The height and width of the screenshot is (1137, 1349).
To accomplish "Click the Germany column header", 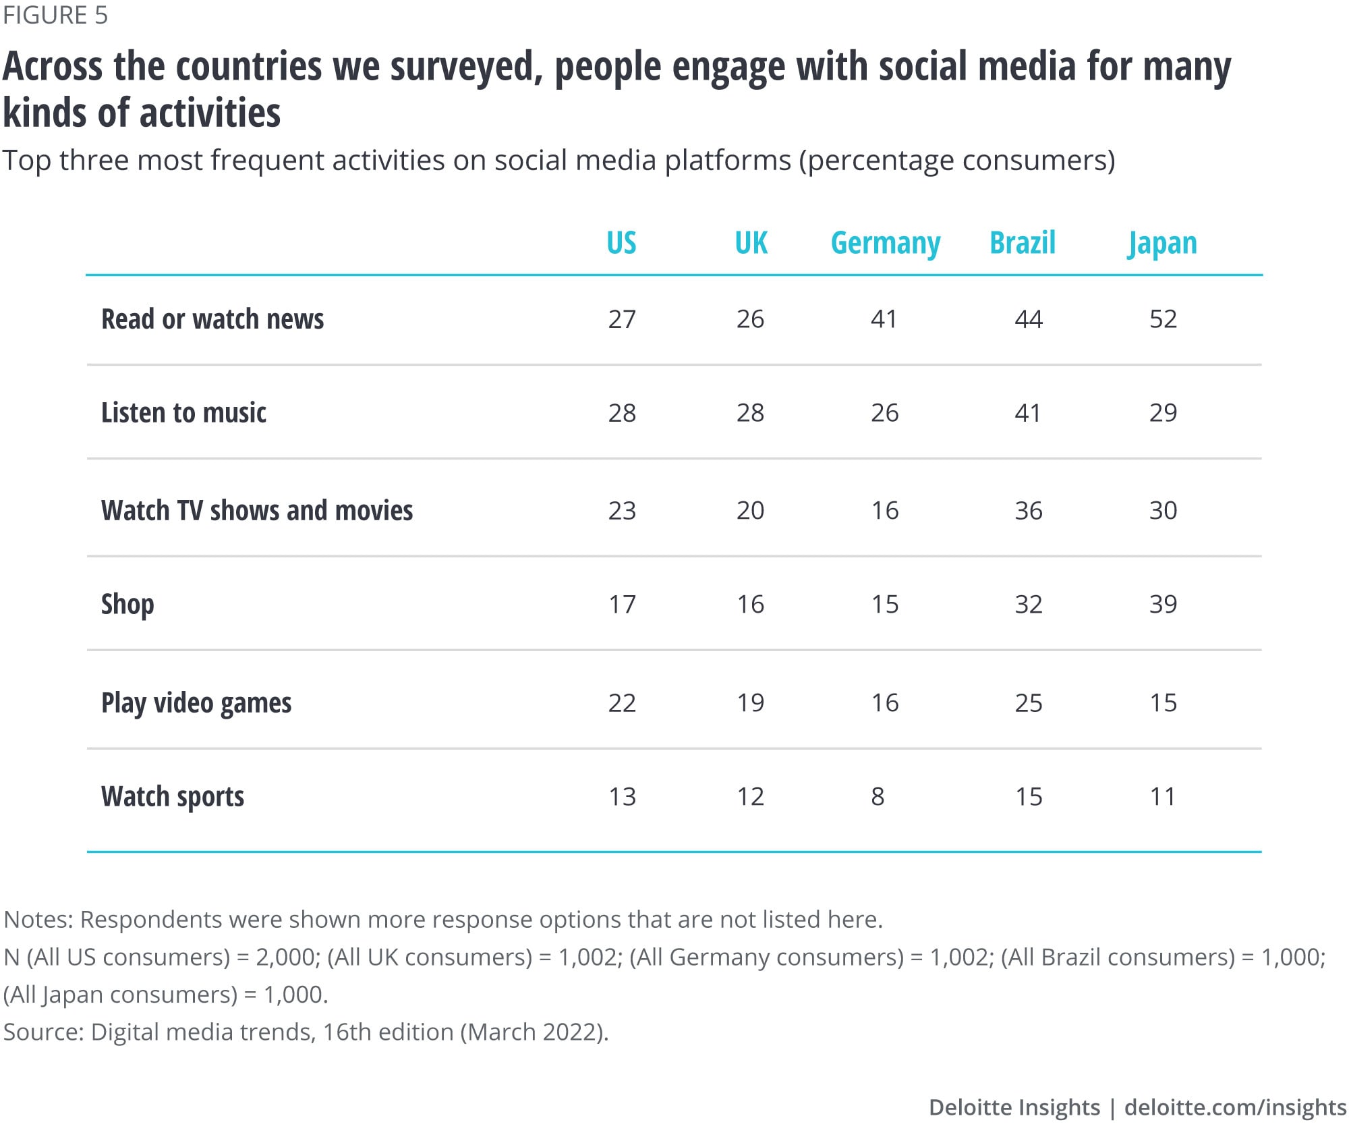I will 885,243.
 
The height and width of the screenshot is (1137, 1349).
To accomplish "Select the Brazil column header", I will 1023,243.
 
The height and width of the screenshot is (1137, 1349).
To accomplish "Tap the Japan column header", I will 1162,244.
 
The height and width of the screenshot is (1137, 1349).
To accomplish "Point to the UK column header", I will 751,243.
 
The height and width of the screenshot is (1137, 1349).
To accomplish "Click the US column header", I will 621,243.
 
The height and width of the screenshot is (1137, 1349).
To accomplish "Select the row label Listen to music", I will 183,412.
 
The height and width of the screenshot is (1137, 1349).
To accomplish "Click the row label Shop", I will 127,604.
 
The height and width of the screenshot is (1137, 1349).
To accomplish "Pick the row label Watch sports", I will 173,797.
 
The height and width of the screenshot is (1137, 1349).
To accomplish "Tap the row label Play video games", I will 196,703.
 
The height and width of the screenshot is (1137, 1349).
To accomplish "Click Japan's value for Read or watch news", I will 1163,319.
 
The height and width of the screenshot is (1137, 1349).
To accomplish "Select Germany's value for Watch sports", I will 878,797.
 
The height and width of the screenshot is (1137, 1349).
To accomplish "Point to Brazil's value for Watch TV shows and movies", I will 1029,511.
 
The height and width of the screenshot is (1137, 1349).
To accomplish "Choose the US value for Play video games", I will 622,703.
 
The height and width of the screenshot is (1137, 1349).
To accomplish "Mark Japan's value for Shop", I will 1163,604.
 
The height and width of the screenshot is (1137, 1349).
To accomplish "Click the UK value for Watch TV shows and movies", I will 750,511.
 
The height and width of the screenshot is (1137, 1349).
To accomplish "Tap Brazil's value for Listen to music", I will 1028,412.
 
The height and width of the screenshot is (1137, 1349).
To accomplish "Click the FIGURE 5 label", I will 55,15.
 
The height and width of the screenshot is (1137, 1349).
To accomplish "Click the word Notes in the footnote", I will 38,919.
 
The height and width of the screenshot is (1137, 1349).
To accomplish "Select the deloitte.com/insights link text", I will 1235,1107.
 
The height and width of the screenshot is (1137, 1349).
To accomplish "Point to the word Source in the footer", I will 43,1032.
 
